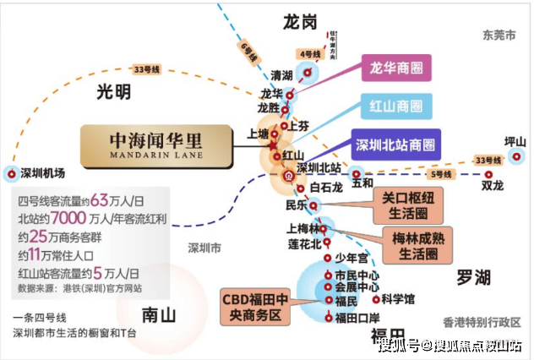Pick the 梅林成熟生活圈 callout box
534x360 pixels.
click(x=412, y=244)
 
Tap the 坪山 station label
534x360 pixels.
click(x=515, y=141)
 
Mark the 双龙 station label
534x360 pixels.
click(x=493, y=183)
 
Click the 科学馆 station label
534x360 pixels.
click(x=396, y=298)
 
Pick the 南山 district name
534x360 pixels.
click(x=159, y=315)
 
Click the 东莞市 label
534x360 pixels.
click(x=499, y=35)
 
